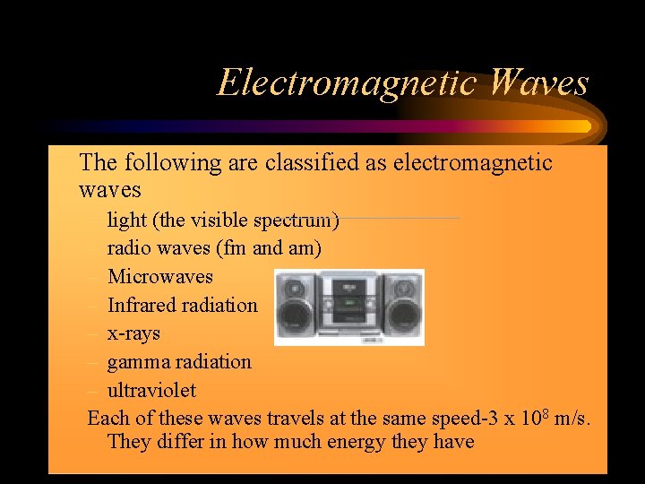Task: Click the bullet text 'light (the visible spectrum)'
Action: click(x=223, y=220)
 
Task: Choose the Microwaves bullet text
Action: click(x=160, y=276)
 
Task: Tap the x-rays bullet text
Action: click(x=133, y=333)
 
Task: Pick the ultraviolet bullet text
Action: click(x=151, y=391)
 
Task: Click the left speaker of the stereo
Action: click(x=295, y=306)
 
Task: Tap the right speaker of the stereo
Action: click(x=401, y=306)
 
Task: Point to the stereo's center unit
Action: click(x=348, y=307)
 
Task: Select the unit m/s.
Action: click(x=572, y=419)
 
